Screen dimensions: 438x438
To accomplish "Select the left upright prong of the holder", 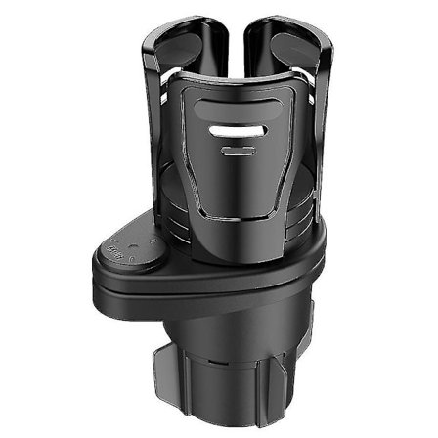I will click(175, 59).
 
